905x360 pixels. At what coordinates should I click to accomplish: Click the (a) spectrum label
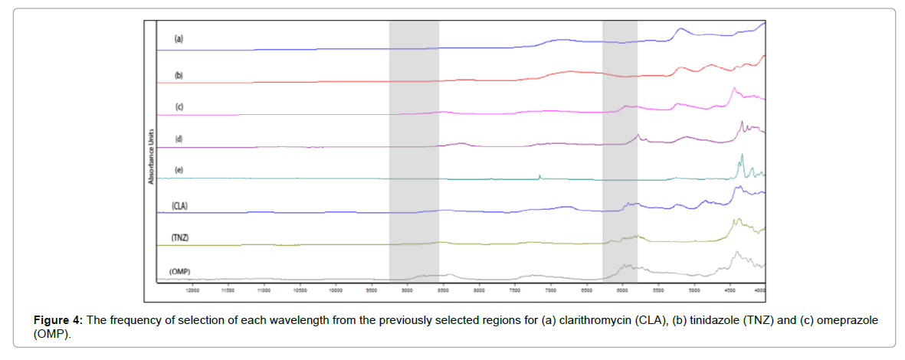[179, 38]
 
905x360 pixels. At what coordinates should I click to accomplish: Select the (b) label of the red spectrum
[179, 75]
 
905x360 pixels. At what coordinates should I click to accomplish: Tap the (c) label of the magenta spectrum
[179, 106]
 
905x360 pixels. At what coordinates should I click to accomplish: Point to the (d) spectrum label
[179, 139]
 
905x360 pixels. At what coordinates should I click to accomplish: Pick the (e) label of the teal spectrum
[179, 169]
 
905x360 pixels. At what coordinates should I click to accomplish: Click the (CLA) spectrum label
[180, 205]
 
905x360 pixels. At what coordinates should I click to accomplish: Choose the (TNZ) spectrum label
[180, 238]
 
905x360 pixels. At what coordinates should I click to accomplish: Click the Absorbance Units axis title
[152, 155]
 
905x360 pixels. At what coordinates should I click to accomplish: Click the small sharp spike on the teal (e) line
[540, 176]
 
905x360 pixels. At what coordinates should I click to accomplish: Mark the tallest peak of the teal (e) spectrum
[742, 156]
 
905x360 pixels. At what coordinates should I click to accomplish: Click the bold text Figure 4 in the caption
[55, 320]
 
